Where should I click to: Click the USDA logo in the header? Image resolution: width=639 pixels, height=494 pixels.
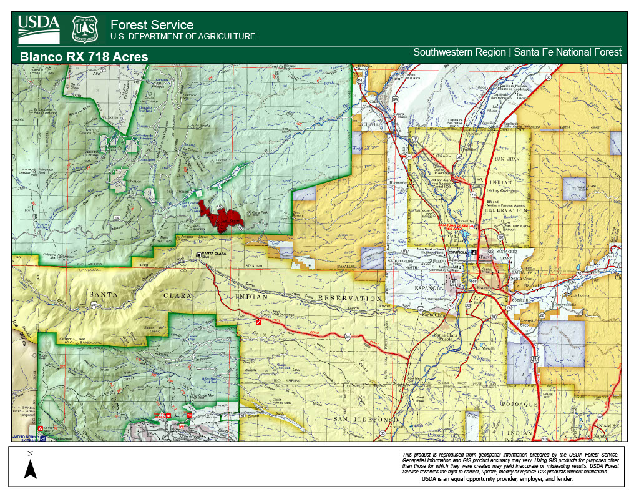point(39,28)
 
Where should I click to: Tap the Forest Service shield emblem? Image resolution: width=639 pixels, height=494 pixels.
point(85,28)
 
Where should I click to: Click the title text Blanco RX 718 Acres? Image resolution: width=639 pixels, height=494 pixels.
point(84,57)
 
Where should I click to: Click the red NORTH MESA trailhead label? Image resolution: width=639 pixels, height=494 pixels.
point(163,416)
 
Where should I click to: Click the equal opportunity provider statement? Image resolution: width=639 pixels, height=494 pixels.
point(497,480)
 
